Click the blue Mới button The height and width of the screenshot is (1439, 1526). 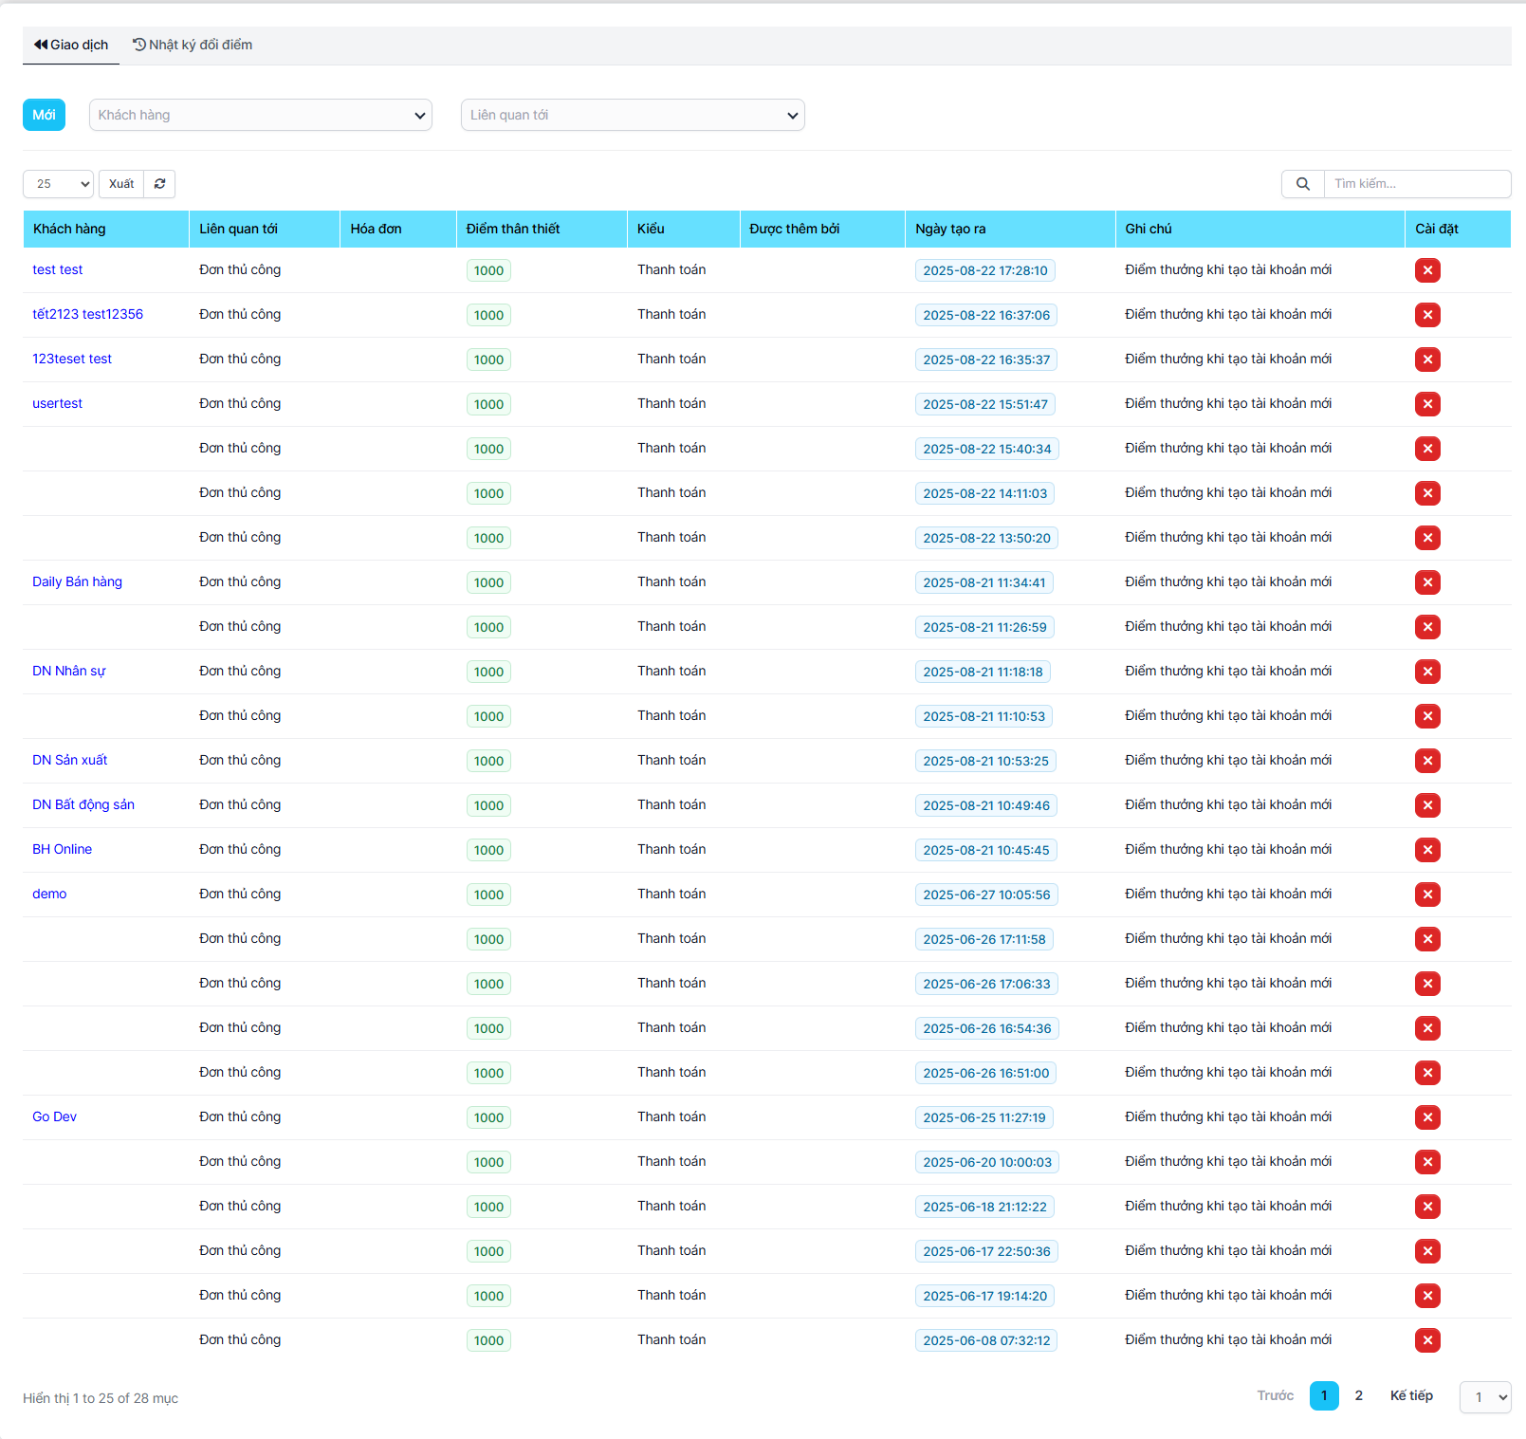click(x=44, y=115)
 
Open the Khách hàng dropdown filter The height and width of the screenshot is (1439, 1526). click(x=260, y=115)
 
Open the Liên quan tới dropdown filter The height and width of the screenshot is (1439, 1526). click(x=632, y=115)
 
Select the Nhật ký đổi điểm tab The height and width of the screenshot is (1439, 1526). click(x=193, y=45)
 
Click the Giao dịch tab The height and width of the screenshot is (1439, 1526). click(x=71, y=45)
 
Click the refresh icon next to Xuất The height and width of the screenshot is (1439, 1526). click(x=159, y=184)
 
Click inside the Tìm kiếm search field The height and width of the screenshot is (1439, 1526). click(x=1416, y=184)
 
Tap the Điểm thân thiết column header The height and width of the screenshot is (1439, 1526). click(x=513, y=229)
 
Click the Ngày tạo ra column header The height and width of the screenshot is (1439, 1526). click(x=950, y=229)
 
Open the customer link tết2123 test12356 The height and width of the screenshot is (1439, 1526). click(x=87, y=314)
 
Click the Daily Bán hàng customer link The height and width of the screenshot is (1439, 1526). click(x=77, y=581)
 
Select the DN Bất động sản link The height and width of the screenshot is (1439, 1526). click(x=83, y=804)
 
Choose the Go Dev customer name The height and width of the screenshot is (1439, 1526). click(x=54, y=1116)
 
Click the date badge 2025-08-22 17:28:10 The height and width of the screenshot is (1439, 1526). click(x=984, y=270)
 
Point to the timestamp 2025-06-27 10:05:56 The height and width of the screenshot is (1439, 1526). click(x=986, y=895)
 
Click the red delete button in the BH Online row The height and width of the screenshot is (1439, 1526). click(x=1427, y=850)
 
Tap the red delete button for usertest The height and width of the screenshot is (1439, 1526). click(x=1427, y=404)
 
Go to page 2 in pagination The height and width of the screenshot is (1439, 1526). click(x=1358, y=1395)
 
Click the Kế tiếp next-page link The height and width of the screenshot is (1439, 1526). click(x=1411, y=1395)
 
